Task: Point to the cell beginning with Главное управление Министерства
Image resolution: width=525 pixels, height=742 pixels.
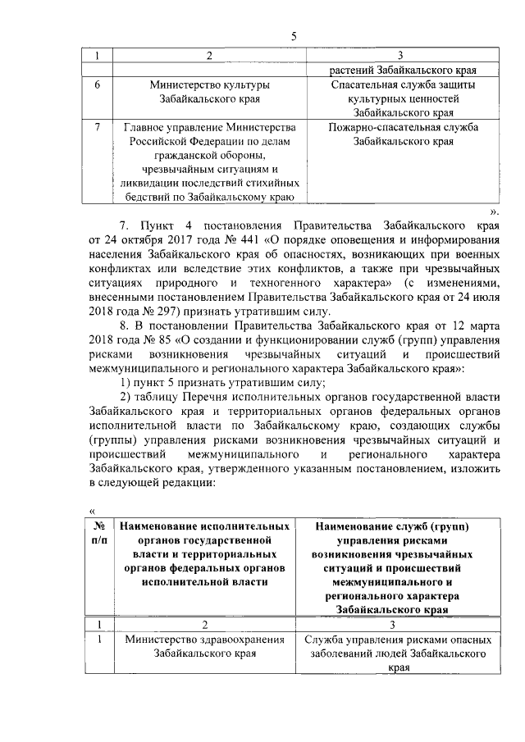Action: tap(211, 162)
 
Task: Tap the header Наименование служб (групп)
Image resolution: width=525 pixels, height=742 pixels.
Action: tap(398, 567)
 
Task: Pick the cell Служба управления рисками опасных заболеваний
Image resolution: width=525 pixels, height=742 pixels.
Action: tap(398, 653)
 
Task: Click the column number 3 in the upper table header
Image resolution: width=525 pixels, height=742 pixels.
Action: tap(399, 56)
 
